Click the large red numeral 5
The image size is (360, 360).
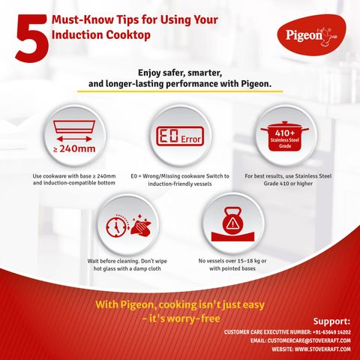[32, 38]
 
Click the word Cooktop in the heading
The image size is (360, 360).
[128, 35]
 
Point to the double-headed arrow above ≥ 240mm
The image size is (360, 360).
[74, 139]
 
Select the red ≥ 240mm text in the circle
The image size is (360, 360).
[74, 149]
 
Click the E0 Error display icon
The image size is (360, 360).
[180, 136]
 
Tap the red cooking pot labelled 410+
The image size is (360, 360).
[285, 136]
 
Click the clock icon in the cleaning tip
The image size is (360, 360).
[116, 226]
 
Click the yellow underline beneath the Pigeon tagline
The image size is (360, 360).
[180, 91]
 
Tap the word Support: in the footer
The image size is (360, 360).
[331, 321]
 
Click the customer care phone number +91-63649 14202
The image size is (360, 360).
[331, 332]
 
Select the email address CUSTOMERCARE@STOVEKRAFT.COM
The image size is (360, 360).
[309, 340]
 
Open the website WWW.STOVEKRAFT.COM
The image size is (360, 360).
[322, 349]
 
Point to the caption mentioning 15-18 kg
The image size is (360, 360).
[232, 265]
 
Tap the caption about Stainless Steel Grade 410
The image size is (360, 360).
[288, 180]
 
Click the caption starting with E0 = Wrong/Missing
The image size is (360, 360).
[180, 180]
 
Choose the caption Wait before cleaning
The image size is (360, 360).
[127, 265]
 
